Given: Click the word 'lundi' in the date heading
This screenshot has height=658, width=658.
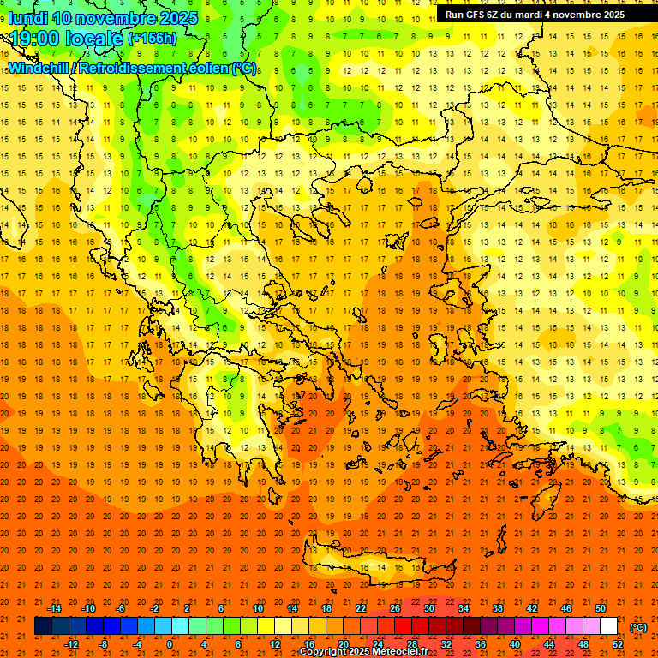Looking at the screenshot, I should point(27,18).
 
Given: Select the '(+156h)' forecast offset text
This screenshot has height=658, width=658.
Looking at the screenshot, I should point(153,39).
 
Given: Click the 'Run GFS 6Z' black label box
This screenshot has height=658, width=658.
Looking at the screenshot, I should point(535,15).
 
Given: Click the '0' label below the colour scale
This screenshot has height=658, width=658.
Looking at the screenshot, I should point(170,644).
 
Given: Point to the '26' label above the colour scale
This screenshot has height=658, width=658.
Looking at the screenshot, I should point(395,608).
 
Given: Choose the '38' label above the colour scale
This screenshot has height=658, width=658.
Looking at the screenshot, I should point(498,608).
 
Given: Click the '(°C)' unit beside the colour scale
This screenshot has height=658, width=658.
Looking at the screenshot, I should point(638,627).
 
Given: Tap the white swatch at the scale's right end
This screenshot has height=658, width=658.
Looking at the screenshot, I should point(609,626).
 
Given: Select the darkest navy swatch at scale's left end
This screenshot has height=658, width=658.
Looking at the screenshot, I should point(43,626).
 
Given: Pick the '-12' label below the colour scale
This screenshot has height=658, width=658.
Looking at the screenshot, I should point(72,644).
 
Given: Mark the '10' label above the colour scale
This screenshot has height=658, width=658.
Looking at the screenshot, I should point(258,608).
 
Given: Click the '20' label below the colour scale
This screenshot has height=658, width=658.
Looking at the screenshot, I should point(343,644).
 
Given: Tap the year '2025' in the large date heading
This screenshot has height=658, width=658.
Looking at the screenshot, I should point(177,18).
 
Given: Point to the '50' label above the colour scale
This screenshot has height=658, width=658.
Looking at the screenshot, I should point(601,608).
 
